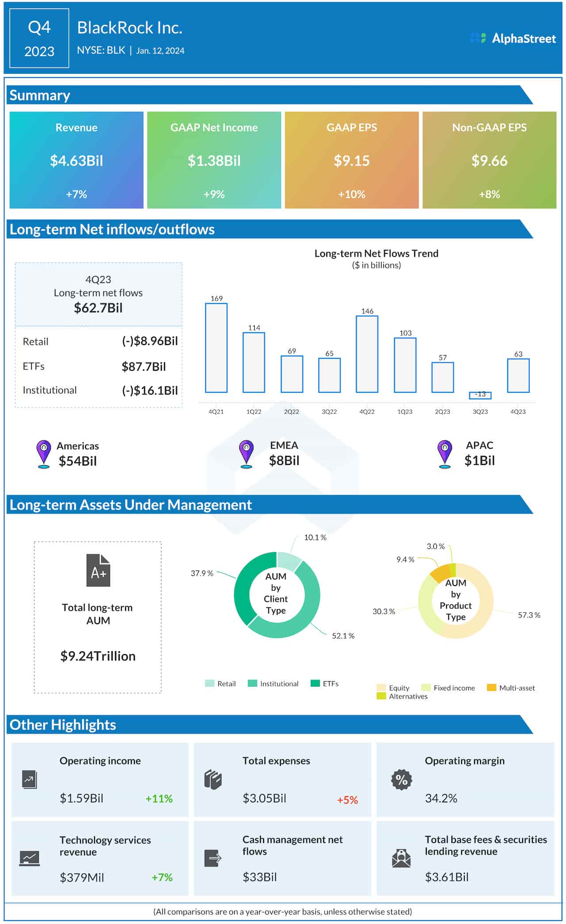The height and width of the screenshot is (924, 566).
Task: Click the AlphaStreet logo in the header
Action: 513,38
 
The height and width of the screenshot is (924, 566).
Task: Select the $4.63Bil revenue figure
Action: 76,161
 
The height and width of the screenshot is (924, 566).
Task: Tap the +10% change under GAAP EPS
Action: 352,194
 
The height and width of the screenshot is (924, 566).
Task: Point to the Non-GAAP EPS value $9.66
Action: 489,161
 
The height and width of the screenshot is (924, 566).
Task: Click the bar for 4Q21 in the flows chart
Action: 216,348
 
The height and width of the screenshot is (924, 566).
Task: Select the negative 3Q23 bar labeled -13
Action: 480,395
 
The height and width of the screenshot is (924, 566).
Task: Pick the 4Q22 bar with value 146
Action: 367,354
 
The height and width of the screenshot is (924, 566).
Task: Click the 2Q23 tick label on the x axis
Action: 442,411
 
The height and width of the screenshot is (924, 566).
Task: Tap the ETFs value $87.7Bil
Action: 144,367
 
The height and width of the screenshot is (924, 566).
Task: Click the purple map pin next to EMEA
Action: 246,453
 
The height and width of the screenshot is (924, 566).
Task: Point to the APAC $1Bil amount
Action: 479,460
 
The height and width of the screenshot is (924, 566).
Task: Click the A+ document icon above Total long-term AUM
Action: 98,570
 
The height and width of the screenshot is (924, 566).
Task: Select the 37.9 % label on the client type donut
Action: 202,573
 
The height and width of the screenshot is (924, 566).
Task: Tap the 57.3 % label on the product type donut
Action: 529,615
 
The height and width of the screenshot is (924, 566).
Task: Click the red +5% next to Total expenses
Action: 347,800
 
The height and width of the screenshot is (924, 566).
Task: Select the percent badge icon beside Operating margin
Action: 402,779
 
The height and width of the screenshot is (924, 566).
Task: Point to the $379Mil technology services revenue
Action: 82,877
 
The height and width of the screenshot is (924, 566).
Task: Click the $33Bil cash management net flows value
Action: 260,877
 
